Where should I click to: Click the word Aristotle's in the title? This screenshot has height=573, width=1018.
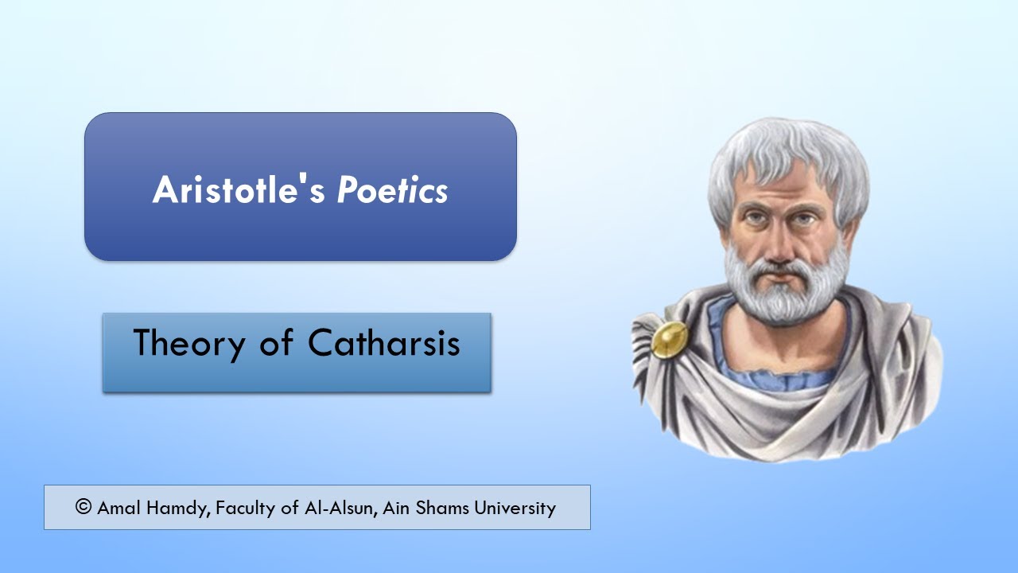tap(239, 189)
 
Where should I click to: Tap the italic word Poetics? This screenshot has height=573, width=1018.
tap(392, 189)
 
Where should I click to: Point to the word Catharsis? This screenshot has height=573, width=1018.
tap(383, 344)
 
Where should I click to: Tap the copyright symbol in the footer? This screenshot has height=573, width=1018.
tap(84, 507)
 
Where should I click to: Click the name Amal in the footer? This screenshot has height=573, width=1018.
tap(118, 508)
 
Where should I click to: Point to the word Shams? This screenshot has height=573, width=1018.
tap(441, 508)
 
